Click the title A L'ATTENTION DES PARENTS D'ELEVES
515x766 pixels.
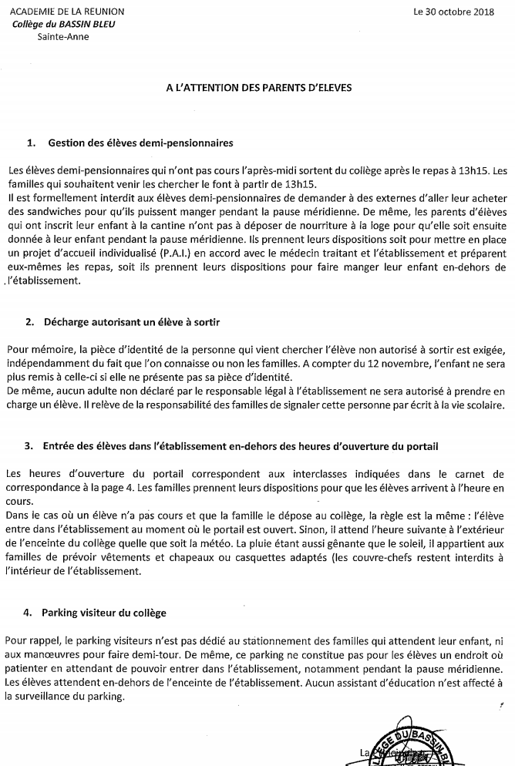point(259,88)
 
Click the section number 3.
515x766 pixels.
point(29,445)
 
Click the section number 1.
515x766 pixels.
point(31,143)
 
